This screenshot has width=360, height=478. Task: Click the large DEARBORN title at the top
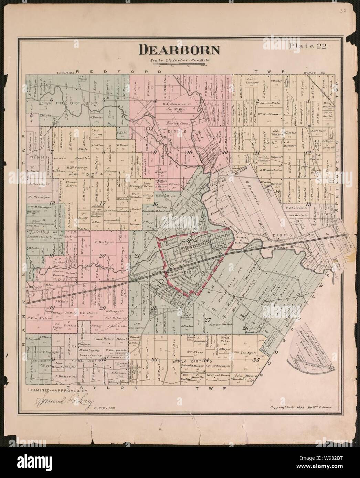(179, 50)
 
